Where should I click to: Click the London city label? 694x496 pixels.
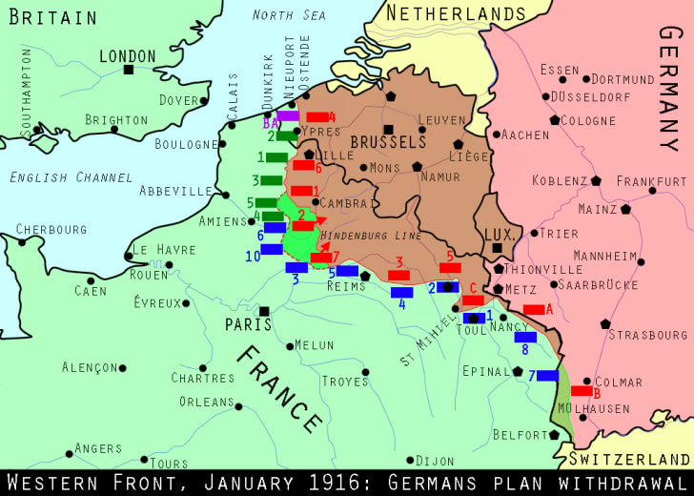[x=127, y=56]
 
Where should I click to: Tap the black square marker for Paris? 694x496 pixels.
[x=264, y=310]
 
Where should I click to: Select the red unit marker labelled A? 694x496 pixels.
[x=533, y=309]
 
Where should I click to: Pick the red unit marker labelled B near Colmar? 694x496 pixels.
[x=582, y=390]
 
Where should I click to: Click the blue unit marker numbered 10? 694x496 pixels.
[x=272, y=249]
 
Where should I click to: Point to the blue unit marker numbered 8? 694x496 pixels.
[x=525, y=337]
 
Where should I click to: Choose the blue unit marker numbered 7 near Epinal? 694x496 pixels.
[x=547, y=376]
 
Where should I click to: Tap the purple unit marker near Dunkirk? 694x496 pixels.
[x=288, y=116]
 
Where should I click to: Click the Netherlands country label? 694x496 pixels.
[x=454, y=14]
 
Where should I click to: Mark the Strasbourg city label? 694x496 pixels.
[x=647, y=335]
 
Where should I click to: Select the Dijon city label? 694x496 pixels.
[x=436, y=461]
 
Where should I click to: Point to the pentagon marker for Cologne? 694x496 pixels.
[x=553, y=121]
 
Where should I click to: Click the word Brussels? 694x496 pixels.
[x=388, y=141]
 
